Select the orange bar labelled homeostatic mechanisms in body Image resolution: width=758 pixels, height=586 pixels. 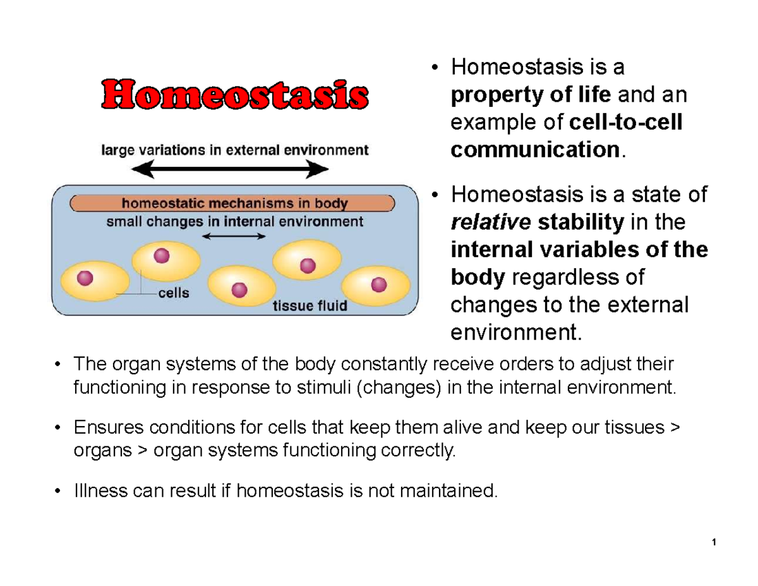(x=234, y=204)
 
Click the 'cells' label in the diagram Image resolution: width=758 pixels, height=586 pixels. (x=173, y=293)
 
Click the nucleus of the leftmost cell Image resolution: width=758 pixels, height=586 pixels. (x=85, y=278)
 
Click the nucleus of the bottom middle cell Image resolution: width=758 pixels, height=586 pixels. (x=239, y=289)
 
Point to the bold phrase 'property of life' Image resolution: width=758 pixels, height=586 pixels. (x=531, y=95)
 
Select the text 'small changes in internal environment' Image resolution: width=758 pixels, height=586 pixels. (x=234, y=221)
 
